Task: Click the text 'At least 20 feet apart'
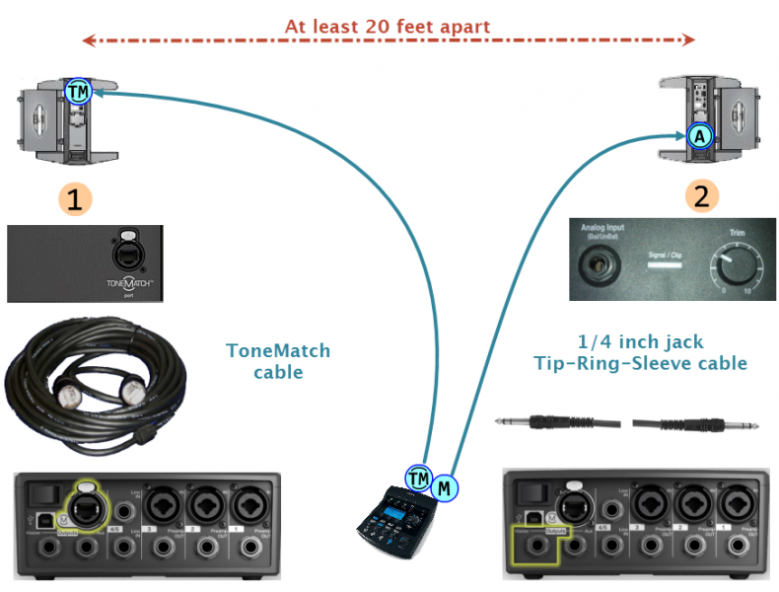tap(388, 27)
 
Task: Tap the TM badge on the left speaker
tap(78, 92)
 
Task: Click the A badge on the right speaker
tap(699, 136)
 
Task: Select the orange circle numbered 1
tap(74, 197)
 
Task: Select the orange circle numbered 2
tap(701, 195)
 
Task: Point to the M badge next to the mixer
tap(446, 486)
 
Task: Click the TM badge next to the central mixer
tap(419, 479)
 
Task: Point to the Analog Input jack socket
tap(597, 265)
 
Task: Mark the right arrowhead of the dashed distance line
tap(689, 40)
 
